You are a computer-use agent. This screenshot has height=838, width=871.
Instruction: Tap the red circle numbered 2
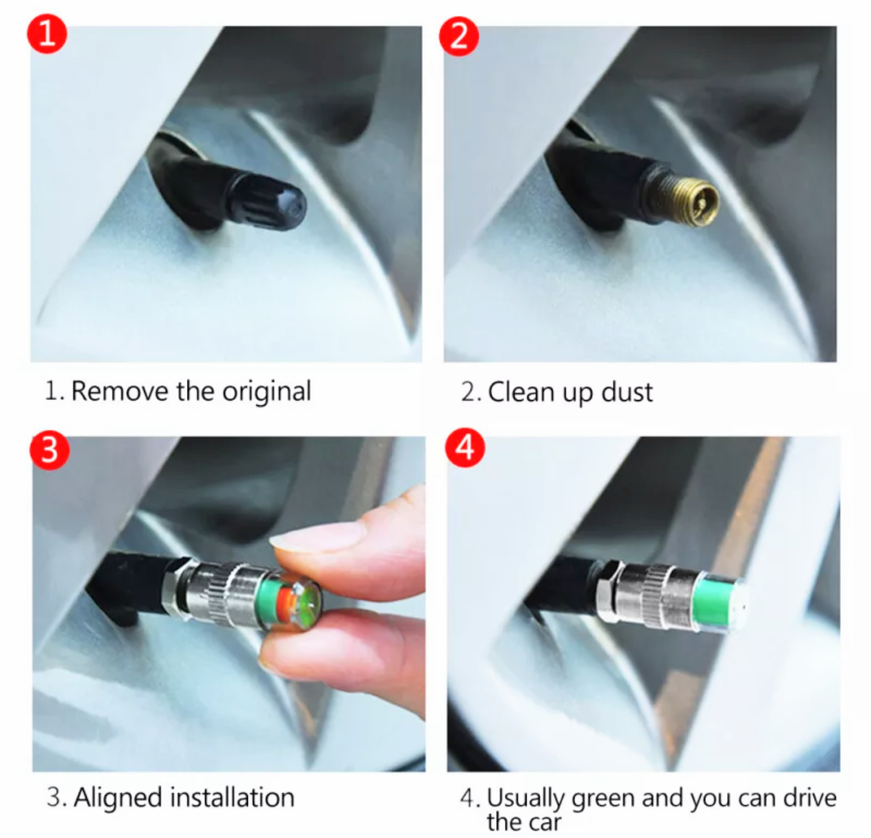tap(458, 36)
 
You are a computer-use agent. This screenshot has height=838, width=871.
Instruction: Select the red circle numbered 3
tap(50, 450)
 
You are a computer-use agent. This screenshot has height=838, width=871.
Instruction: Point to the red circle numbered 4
tap(465, 448)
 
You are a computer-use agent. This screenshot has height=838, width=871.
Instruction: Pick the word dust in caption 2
tap(627, 392)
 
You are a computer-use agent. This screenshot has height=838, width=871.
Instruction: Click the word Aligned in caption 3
tap(118, 798)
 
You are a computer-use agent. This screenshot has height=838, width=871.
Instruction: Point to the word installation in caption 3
tap(233, 797)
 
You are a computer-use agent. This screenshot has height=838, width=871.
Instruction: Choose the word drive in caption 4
tap(810, 797)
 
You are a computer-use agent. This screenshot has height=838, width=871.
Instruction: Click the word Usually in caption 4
tap(526, 799)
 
